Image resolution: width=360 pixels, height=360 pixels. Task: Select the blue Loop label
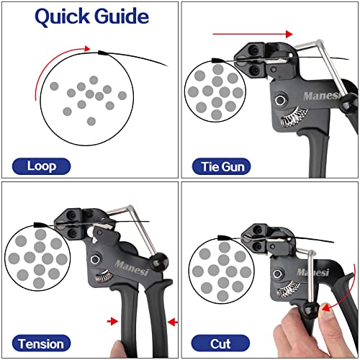41,166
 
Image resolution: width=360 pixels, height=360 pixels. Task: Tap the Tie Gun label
222,166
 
